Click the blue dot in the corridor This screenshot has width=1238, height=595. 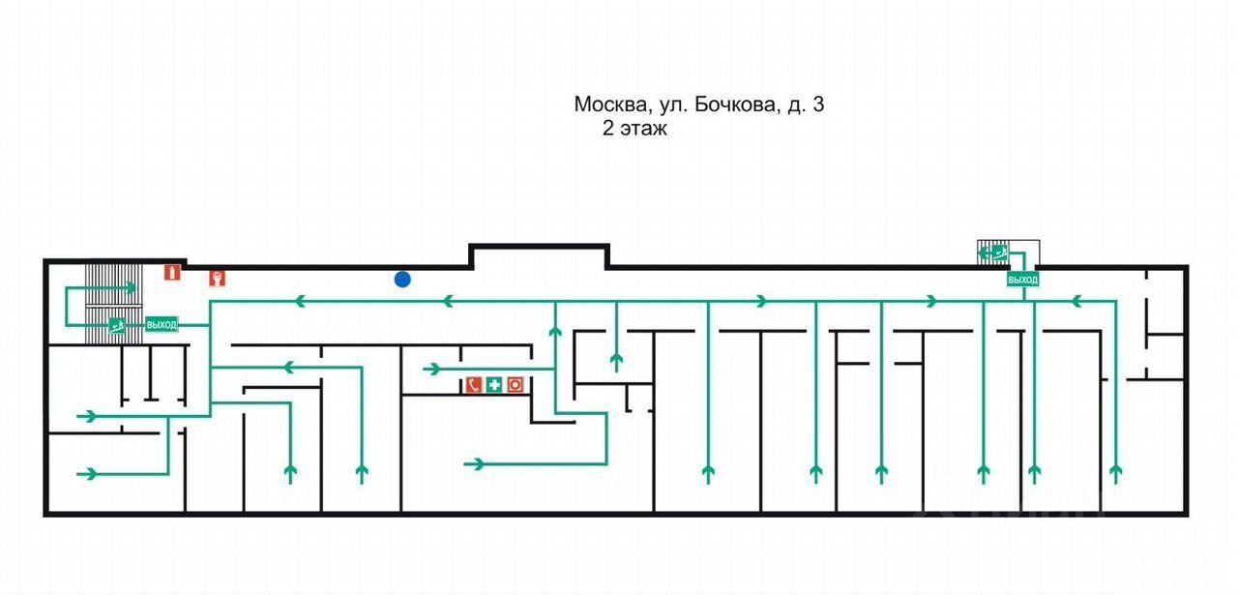point(402,280)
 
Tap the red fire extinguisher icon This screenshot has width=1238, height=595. point(172,272)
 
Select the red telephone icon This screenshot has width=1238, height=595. point(474,385)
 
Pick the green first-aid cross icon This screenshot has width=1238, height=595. point(494,385)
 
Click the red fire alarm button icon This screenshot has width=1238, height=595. point(515,385)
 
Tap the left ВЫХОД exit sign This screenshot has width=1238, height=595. point(162,325)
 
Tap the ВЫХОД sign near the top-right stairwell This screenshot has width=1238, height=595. point(1022,280)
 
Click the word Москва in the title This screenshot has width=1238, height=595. point(607,104)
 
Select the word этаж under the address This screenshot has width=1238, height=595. point(644,129)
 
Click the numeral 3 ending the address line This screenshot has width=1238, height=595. point(818,104)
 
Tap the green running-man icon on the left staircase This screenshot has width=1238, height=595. point(117,325)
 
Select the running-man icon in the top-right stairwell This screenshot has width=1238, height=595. point(999,253)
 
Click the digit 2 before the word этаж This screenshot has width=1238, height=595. point(608,129)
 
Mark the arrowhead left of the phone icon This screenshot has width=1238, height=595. point(431,369)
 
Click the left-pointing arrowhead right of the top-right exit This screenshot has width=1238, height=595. point(1076,302)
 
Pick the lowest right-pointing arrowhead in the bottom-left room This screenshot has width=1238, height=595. point(89,473)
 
